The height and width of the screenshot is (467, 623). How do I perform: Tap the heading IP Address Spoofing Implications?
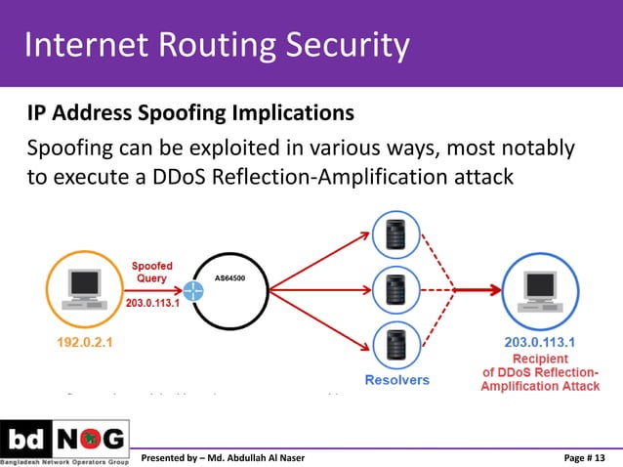190,113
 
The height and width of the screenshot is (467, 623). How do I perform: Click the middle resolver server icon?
395,289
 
